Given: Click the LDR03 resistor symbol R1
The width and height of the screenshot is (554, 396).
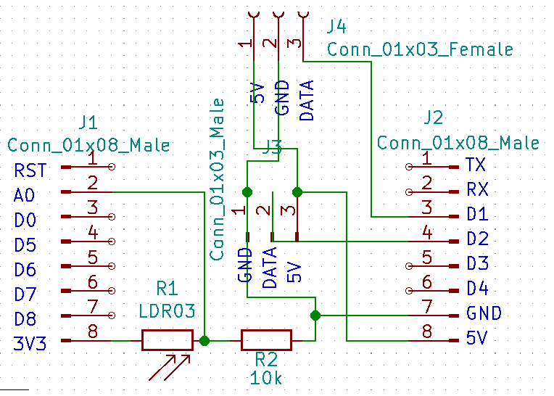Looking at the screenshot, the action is coord(167,340).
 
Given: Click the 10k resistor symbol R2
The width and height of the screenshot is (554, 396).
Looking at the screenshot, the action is coord(266,340).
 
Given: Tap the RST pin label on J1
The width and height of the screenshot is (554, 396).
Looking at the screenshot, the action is coord(30,170).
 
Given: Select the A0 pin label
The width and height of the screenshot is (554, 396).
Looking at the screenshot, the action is coord(24,195).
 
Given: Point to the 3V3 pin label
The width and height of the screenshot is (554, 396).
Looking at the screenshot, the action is coord(30,343).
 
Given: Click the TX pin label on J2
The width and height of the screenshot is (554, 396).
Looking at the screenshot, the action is coord(476,165).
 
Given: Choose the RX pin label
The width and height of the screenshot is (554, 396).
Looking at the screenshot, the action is coord(477,189).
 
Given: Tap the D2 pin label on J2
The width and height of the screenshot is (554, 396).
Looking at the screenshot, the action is coord(478,239).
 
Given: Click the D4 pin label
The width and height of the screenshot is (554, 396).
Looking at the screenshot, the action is coord(478,288).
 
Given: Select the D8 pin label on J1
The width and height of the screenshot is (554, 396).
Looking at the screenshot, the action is coord(25,319).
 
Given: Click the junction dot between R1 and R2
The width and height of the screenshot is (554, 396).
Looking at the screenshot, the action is coord(204,341).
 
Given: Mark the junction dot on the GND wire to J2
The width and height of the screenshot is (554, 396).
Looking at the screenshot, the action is coord(315,315).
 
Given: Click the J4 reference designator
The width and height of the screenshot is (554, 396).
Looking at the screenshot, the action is coord(336,27).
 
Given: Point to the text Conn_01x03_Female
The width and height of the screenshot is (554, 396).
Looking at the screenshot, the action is coord(420,49).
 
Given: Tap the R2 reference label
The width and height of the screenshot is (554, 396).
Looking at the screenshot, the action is coord(266,360).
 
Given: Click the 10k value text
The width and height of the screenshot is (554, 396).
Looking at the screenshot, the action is coord(266,378).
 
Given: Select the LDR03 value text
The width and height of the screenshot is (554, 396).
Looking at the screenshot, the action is coord(167,311).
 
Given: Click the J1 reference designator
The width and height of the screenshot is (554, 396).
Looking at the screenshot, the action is coord(88,123).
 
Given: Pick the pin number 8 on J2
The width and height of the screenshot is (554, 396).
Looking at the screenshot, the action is coord(427,331).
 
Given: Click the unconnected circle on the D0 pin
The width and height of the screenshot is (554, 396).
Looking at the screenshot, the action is coord(112,217).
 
